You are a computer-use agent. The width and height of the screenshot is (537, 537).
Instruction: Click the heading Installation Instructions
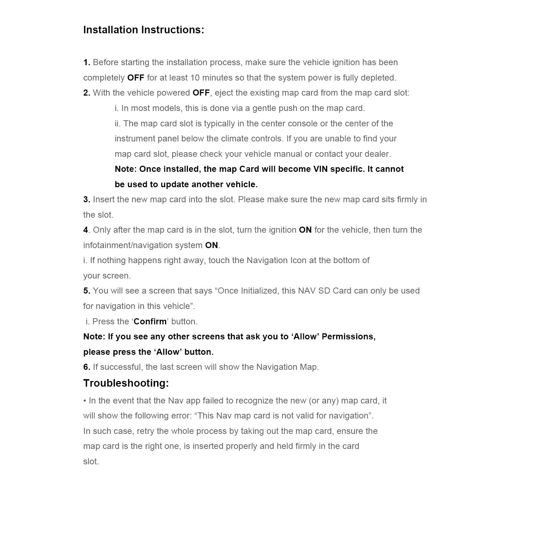point(144,30)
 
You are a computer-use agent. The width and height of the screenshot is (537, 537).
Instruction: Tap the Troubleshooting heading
point(126,383)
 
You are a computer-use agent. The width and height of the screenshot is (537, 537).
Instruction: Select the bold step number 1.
point(86,62)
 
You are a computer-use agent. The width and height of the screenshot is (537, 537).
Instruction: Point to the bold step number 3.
point(86,199)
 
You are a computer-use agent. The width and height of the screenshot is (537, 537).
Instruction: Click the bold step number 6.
point(86,367)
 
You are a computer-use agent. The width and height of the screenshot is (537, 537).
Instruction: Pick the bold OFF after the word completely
point(136,78)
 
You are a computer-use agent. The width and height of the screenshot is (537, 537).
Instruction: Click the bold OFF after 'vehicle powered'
point(201,93)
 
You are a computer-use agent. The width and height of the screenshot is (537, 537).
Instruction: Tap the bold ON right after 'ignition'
point(305,230)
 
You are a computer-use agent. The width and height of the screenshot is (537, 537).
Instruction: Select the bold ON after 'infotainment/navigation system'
point(211,245)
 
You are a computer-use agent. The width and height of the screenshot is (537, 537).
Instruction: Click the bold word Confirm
point(150,321)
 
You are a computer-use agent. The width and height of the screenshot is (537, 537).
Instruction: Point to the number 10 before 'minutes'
point(195,78)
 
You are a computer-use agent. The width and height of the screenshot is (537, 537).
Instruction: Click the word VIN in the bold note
point(320,169)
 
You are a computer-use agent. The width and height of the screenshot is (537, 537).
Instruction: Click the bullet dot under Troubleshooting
point(85,401)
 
